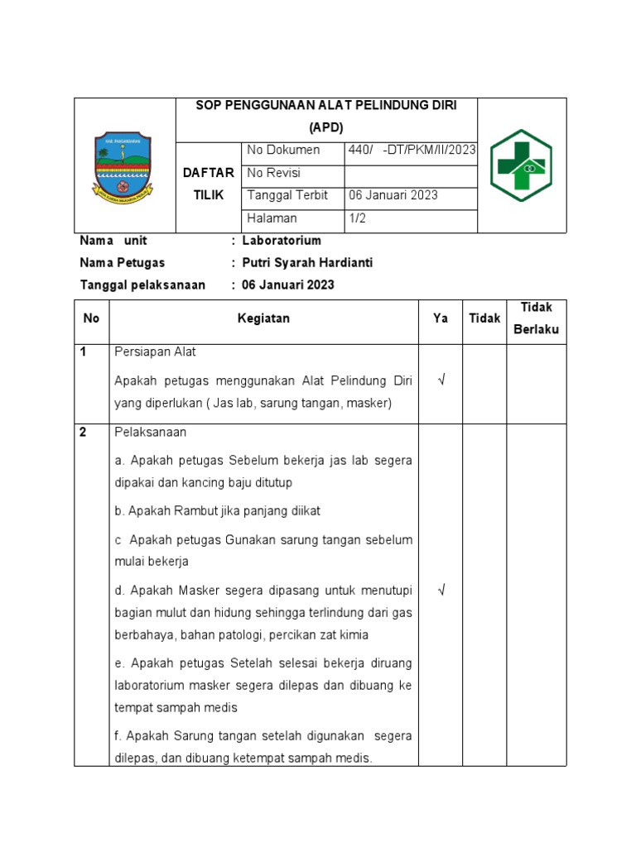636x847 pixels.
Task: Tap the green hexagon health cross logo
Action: click(x=521, y=166)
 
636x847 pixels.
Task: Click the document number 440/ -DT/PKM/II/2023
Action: click(x=410, y=151)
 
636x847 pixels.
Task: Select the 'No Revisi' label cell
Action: click(x=273, y=174)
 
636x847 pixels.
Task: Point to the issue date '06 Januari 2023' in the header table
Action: click(x=393, y=196)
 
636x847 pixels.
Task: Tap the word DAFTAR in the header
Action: click(x=209, y=173)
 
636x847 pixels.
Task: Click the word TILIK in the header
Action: click(x=209, y=194)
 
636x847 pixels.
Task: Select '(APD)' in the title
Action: click(x=325, y=127)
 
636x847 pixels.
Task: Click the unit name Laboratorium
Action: click(x=282, y=241)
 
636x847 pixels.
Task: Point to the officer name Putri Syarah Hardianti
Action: click(x=306, y=263)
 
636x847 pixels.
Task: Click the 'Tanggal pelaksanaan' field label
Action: click(x=142, y=285)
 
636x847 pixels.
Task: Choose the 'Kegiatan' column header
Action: click(x=263, y=318)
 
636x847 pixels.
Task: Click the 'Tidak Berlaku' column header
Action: click(x=536, y=318)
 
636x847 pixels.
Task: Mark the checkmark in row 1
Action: click(x=441, y=380)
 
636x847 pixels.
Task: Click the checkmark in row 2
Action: click(x=441, y=590)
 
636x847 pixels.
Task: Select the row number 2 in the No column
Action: click(x=84, y=433)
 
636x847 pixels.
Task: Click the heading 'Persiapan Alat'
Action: click(x=155, y=352)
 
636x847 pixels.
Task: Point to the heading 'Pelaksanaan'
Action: click(x=150, y=433)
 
